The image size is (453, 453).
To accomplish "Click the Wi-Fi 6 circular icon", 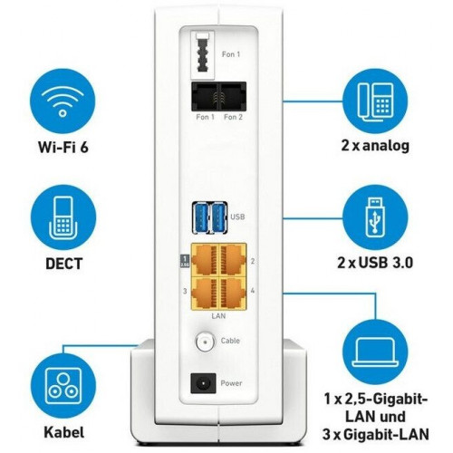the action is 63,101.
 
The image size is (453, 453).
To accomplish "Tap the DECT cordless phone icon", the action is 63,218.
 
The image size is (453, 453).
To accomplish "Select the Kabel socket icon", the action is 63,388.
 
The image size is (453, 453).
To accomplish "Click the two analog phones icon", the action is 375,101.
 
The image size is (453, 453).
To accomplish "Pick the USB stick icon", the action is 375,217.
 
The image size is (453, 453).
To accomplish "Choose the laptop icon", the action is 375,351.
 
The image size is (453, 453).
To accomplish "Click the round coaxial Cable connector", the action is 205,342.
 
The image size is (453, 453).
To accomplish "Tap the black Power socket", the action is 203,383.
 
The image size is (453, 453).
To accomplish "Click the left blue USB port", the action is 201,218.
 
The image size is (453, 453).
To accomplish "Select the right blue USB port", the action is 218,218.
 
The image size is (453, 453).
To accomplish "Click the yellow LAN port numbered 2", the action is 233,260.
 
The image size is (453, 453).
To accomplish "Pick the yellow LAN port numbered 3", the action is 205,293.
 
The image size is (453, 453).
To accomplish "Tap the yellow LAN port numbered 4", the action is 233,293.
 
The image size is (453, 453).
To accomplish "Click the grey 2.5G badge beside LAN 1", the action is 185,261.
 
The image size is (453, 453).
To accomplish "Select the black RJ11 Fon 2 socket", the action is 233,96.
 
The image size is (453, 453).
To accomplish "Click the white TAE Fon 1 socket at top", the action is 203,55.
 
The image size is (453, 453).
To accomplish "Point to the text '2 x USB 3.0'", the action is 375,263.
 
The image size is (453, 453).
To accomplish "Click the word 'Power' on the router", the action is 231,383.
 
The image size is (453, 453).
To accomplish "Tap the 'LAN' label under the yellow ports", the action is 218,316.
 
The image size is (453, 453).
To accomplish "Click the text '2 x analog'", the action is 375,146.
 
